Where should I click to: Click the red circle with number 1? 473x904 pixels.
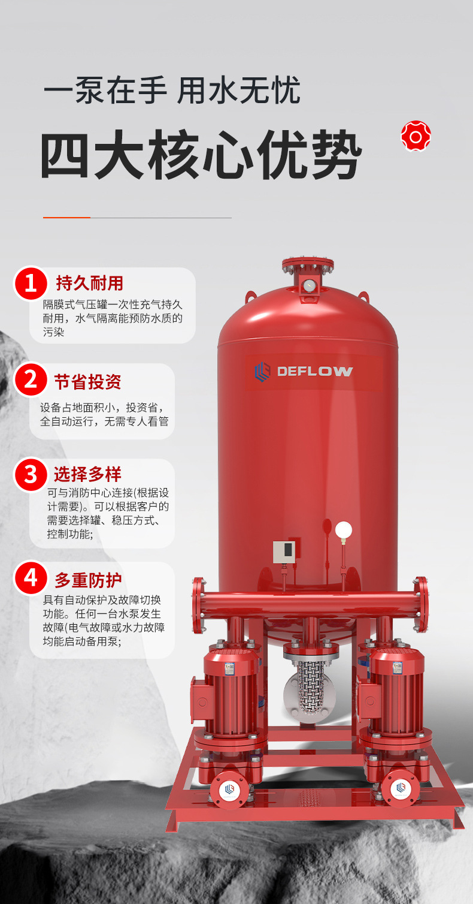(x=31, y=283)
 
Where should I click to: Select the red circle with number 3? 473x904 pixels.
(x=31, y=474)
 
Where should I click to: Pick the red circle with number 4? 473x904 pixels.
(x=31, y=578)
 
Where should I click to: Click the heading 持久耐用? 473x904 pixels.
(x=90, y=283)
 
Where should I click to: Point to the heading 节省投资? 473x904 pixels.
(x=88, y=382)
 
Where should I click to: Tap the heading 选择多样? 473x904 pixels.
(x=87, y=474)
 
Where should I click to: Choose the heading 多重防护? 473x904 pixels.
(x=88, y=580)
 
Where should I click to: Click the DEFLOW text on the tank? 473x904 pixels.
(x=314, y=371)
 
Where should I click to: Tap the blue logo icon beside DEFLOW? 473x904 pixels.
(x=262, y=372)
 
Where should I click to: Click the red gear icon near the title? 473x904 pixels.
(x=416, y=137)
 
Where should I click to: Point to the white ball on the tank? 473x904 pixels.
(x=343, y=530)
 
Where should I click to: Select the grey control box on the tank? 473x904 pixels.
(x=284, y=552)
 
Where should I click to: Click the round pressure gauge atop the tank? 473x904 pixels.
(x=309, y=285)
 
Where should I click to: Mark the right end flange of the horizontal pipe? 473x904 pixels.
(x=420, y=604)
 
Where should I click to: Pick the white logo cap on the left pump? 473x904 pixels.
(x=229, y=790)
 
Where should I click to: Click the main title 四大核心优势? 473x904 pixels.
(x=201, y=155)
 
